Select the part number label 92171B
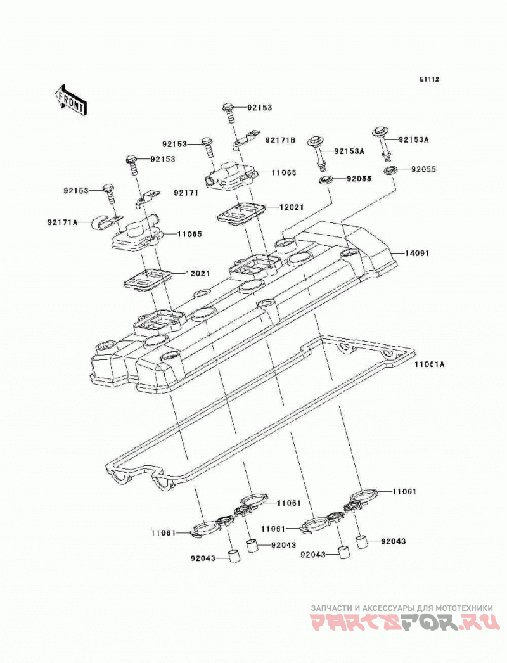pos(280,139)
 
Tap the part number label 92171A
pos(63,222)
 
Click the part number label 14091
pos(417,254)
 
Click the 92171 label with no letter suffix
pos(186,193)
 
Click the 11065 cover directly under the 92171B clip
pos(231,177)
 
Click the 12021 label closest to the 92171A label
pos(198,274)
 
